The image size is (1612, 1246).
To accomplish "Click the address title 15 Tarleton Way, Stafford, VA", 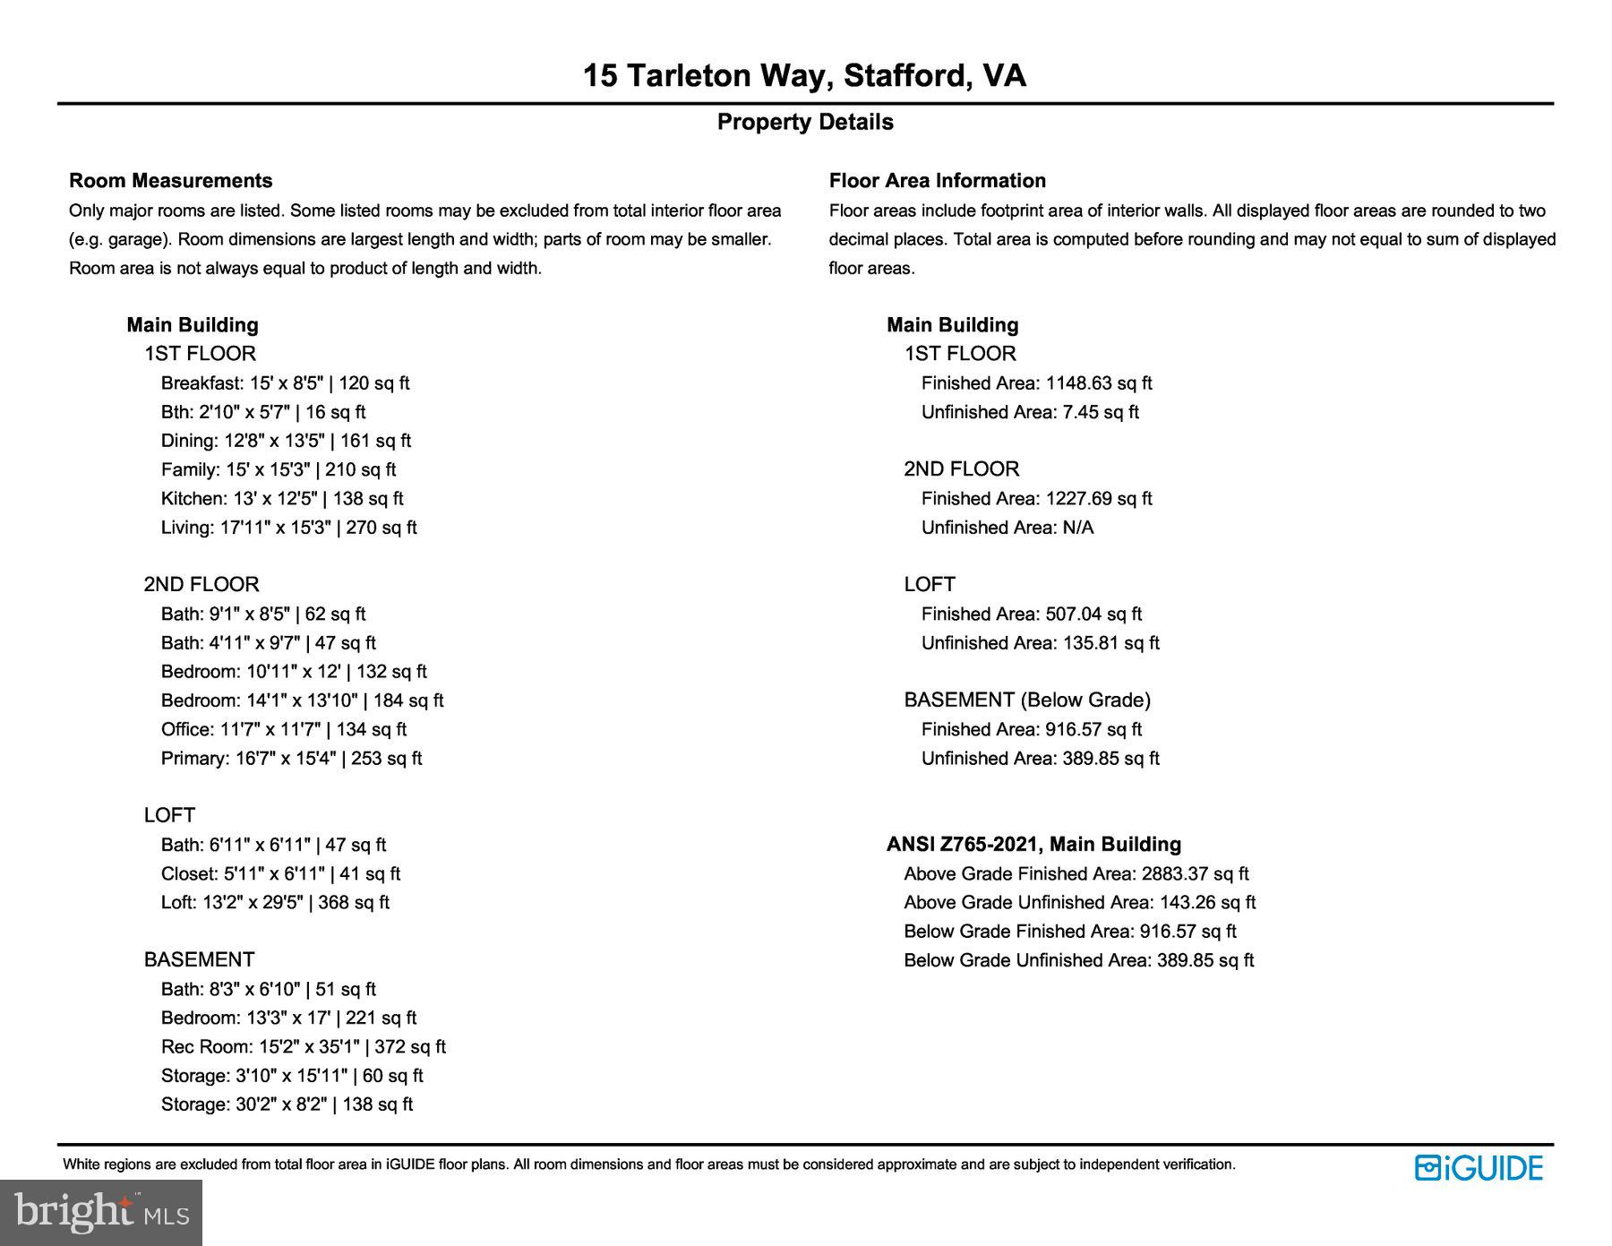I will point(804,75).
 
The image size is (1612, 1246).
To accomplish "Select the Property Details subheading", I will point(805,122).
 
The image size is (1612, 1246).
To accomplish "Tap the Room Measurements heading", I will point(170,181).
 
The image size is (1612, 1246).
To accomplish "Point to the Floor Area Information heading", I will point(937,181).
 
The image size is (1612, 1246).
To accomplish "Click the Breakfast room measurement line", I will point(285,383).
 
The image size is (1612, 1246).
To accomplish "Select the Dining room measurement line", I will point(286,441).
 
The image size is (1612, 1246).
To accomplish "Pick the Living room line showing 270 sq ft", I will point(288,528).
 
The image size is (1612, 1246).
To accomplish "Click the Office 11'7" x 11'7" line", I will point(283,730).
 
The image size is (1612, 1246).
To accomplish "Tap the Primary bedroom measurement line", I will point(291,759).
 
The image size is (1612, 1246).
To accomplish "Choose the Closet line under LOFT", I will point(280,874).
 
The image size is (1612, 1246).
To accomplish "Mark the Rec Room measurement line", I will point(303,1047).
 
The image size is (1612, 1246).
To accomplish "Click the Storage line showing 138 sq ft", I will point(287,1104).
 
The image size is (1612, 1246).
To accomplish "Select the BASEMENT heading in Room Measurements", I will point(199,960).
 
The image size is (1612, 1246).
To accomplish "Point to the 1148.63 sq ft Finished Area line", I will point(1036,383).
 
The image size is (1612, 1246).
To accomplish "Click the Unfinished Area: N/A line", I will point(1007,528).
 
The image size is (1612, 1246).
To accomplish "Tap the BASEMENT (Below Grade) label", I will point(1027,700).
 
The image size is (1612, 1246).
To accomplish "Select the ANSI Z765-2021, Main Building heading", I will point(1033,845).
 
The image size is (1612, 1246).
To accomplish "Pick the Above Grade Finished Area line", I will point(1076,874).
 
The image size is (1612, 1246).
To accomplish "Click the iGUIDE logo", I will point(1479,1168).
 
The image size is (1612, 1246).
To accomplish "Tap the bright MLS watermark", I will point(101,1213).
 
